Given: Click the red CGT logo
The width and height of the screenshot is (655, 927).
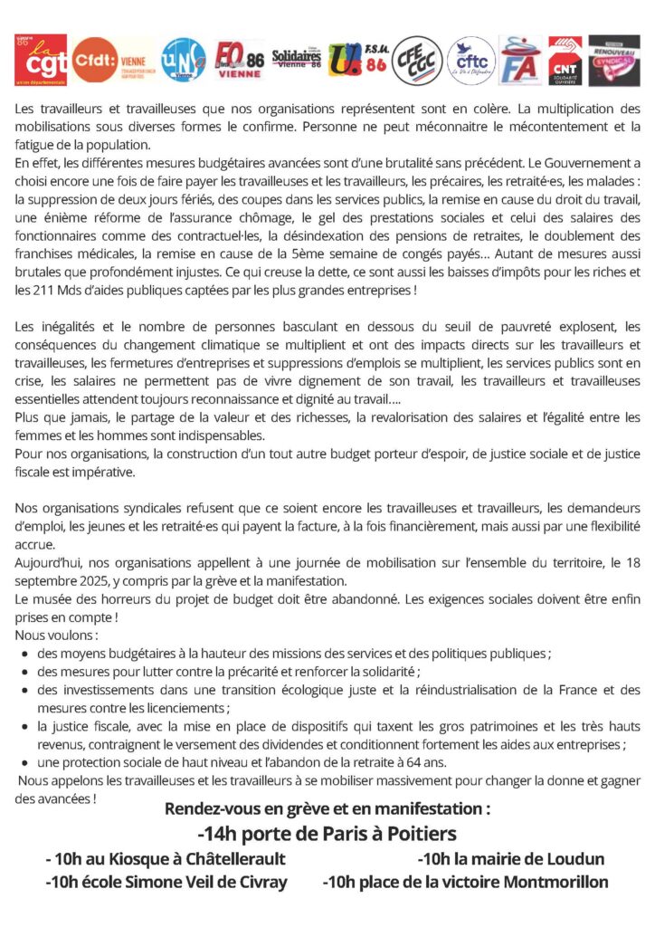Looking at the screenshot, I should tap(42, 61).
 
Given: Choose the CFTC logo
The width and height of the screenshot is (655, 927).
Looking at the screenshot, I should tap(471, 61).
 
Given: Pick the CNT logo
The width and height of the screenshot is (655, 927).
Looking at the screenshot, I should tap(565, 60).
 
